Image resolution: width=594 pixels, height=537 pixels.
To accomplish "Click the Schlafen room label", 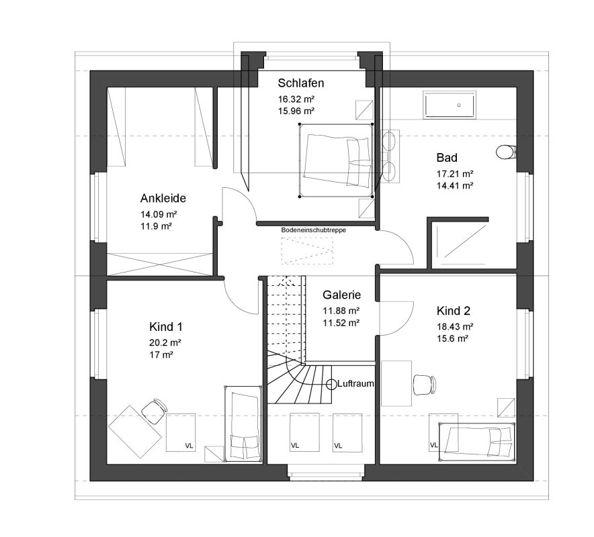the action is coord(301,83).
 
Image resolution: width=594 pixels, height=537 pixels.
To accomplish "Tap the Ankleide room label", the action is coord(163,198).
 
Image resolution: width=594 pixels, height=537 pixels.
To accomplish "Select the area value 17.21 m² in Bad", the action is coord(455,174).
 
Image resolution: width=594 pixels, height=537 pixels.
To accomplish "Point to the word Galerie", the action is coord(342,295).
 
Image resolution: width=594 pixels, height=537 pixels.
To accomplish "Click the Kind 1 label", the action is coord(166,327).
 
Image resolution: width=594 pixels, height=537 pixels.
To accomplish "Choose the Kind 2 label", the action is coord(454,311).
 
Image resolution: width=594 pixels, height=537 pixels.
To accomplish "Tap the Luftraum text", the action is coord(355,384).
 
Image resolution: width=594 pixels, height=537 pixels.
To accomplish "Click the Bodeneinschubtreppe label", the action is coord(313,230).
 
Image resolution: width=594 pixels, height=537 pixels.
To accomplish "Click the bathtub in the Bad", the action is coord(450,105).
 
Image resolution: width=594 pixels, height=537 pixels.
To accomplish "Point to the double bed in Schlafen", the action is coord(336,160).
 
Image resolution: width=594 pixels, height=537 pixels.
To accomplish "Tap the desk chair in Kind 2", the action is coord(424,384).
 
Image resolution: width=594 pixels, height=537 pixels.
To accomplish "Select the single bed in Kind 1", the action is coord(243,424).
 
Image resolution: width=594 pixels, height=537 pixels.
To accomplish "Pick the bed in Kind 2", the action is coord(476,442).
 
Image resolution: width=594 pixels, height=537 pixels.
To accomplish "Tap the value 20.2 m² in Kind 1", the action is coord(165,343).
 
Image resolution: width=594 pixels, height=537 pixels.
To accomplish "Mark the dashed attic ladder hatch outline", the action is coord(307,251).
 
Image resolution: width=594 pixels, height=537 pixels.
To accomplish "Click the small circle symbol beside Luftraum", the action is coord(331,384).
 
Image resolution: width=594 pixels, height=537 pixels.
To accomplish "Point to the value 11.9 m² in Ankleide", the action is coord(156,226).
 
